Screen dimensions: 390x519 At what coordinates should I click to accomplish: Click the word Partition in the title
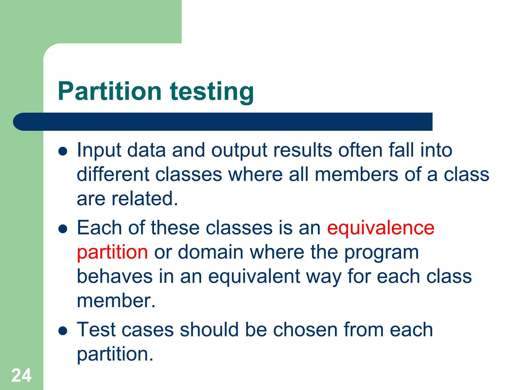(109, 91)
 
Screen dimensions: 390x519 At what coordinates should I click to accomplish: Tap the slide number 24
(21, 375)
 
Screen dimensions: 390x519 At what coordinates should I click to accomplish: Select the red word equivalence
(381, 228)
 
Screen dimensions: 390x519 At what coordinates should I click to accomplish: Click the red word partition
(112, 252)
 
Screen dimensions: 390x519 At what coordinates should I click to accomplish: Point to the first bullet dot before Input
(63, 152)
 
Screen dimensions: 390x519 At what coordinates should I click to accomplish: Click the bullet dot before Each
(63, 229)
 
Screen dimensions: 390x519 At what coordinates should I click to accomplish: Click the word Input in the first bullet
(99, 151)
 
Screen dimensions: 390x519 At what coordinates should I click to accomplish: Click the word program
(381, 253)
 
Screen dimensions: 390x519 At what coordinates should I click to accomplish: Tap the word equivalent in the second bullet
(254, 277)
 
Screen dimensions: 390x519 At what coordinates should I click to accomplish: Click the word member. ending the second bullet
(116, 301)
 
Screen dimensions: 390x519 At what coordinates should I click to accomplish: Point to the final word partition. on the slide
(115, 354)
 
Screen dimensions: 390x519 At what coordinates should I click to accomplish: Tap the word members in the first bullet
(356, 175)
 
